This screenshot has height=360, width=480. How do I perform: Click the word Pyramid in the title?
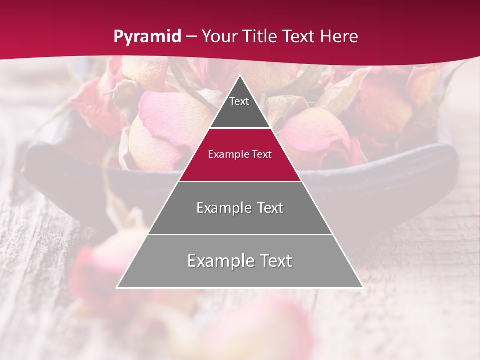coord(147,37)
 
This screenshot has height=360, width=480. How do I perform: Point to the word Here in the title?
coord(339,36)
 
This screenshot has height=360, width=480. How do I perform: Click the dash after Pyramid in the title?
coord(191,37)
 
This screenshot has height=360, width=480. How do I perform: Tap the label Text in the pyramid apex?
coord(239,101)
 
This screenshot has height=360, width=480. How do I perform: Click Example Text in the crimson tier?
coord(240,154)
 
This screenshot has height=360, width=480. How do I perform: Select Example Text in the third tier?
coord(240,208)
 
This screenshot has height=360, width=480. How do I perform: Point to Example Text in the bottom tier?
coord(240,261)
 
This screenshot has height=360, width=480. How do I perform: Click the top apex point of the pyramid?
coord(240,76)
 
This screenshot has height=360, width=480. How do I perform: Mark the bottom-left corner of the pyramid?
coord(117,287)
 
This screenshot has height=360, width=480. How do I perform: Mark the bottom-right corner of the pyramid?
coord(363,287)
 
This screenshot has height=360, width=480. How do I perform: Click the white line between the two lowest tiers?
coord(240,234)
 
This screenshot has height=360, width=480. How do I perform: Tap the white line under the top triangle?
coord(240,128)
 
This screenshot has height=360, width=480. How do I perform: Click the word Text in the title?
coord(300,36)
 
